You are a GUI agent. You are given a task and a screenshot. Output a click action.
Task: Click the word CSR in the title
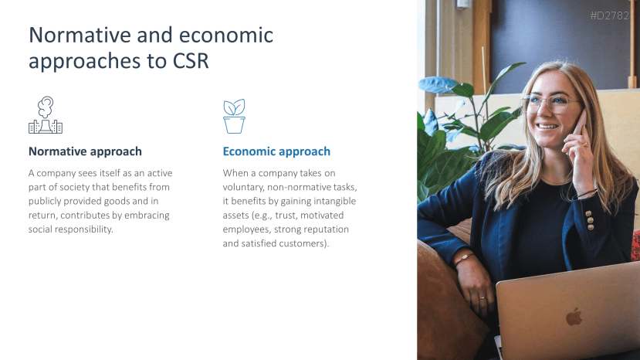191,61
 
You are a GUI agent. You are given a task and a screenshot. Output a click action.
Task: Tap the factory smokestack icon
46,115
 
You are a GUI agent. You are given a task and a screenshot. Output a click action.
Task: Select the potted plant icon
234,116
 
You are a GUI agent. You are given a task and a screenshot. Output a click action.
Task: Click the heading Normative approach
85,151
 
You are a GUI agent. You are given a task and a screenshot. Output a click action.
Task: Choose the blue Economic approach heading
276,151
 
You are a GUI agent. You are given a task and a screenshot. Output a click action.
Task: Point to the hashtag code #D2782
609,15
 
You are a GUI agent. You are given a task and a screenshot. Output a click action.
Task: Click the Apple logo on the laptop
574,316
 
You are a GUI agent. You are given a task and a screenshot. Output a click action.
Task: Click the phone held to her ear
580,124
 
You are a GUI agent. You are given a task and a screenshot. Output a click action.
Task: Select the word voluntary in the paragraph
243,187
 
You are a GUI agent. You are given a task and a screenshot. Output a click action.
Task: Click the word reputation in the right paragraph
326,229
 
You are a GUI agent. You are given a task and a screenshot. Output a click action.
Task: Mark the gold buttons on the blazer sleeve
590,220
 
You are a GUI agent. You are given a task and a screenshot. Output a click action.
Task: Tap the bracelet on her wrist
464,258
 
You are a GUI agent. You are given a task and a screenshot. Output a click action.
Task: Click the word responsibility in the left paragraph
83,229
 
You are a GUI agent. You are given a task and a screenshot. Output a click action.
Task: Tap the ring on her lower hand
483,297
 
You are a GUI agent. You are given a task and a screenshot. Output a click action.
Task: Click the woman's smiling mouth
547,127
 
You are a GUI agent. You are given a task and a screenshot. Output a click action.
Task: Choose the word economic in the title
226,35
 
